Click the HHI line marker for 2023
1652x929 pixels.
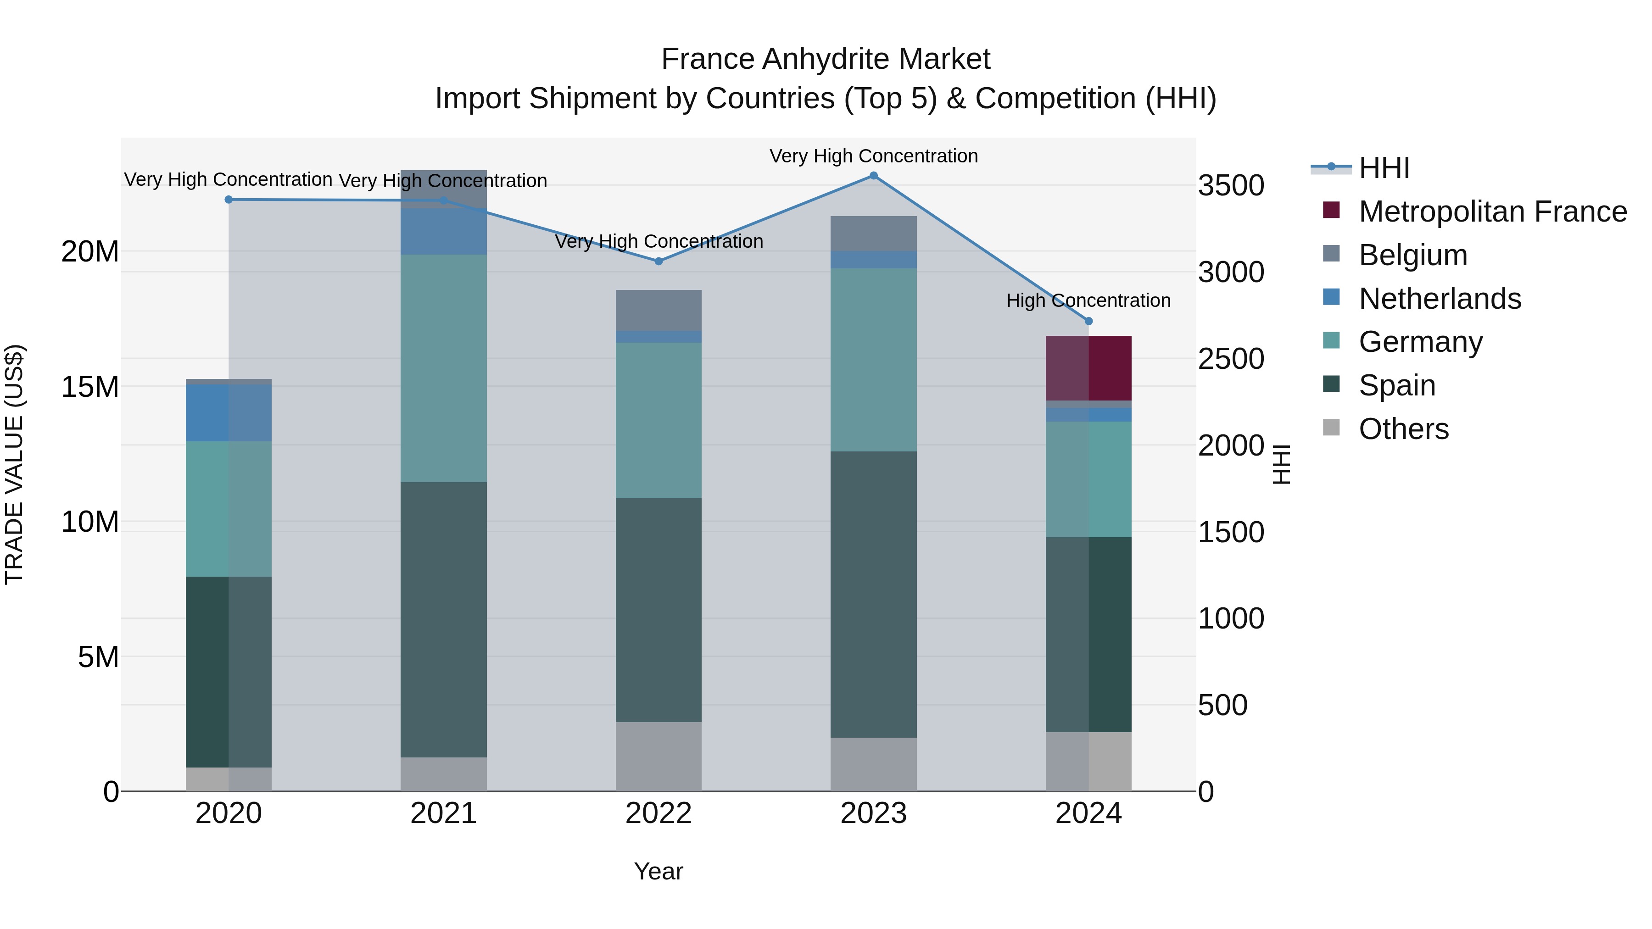(x=873, y=175)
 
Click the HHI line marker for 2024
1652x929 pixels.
(x=1088, y=321)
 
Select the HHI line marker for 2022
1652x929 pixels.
(x=659, y=261)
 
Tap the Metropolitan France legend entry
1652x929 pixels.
(x=1492, y=211)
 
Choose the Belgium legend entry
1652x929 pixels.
(x=1413, y=255)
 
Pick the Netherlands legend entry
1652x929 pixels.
(x=1440, y=299)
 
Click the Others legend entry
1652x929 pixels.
(x=1403, y=429)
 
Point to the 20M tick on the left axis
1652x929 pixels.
(x=90, y=251)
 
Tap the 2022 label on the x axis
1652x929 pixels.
(x=659, y=813)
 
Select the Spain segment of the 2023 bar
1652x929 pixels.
(x=873, y=594)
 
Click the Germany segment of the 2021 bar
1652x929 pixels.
(x=444, y=368)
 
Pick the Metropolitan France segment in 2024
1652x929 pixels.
(x=1088, y=368)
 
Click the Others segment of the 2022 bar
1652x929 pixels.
(x=659, y=757)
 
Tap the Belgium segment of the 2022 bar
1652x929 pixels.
(x=659, y=310)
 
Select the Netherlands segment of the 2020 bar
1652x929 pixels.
(x=229, y=413)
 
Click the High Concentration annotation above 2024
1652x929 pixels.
(x=1088, y=300)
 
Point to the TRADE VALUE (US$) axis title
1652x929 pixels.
(x=14, y=464)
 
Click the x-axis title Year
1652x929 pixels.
(x=659, y=871)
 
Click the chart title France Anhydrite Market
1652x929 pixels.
(x=826, y=59)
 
